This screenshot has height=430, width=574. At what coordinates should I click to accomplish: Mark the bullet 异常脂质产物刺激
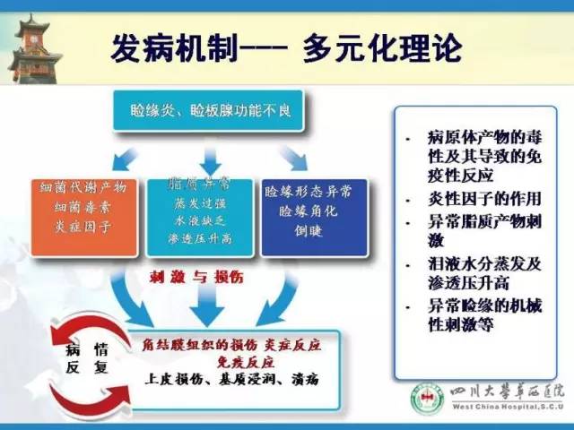[474, 230]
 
